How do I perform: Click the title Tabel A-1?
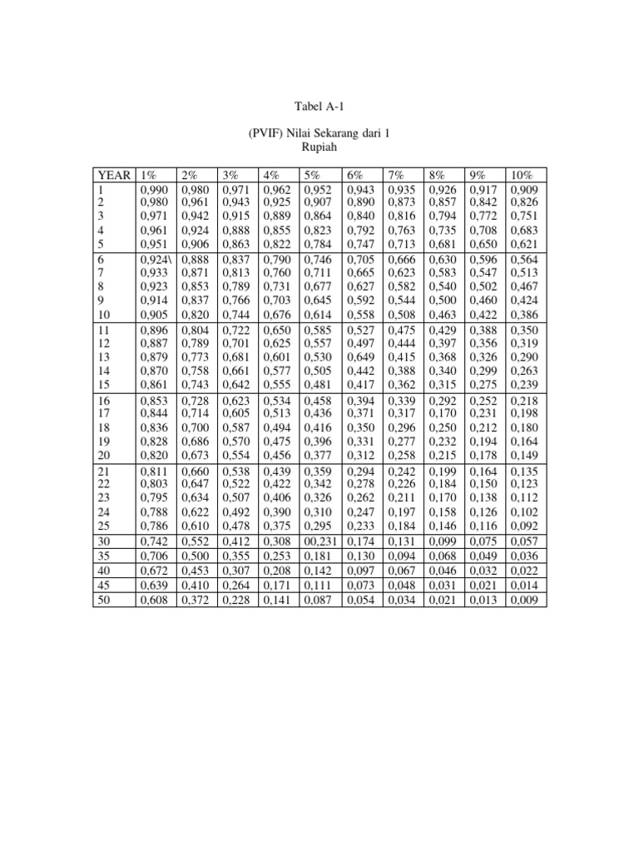coord(319,107)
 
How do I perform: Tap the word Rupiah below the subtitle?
coord(319,147)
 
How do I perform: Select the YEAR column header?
coord(114,176)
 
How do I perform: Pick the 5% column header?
coord(312,176)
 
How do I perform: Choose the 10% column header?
coord(523,176)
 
